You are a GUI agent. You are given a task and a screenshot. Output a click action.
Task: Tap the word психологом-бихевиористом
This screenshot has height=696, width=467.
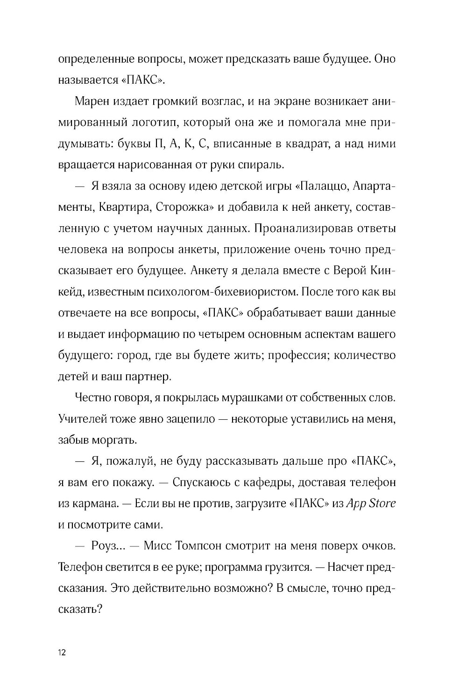215,292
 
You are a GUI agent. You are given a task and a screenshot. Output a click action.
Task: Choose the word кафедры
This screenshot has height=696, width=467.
254,482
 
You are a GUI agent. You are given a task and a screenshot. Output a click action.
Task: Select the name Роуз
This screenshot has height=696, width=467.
108,546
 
